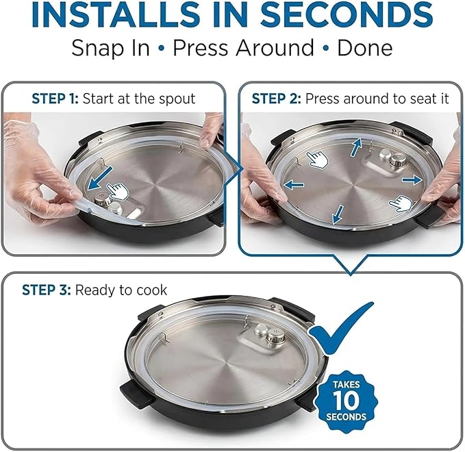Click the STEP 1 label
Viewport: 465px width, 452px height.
tap(55, 99)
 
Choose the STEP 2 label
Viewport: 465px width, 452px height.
tap(276, 99)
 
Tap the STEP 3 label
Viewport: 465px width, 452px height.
tap(46, 290)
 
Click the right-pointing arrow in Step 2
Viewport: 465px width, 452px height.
tap(412, 179)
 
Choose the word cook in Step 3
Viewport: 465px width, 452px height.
tap(152, 290)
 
